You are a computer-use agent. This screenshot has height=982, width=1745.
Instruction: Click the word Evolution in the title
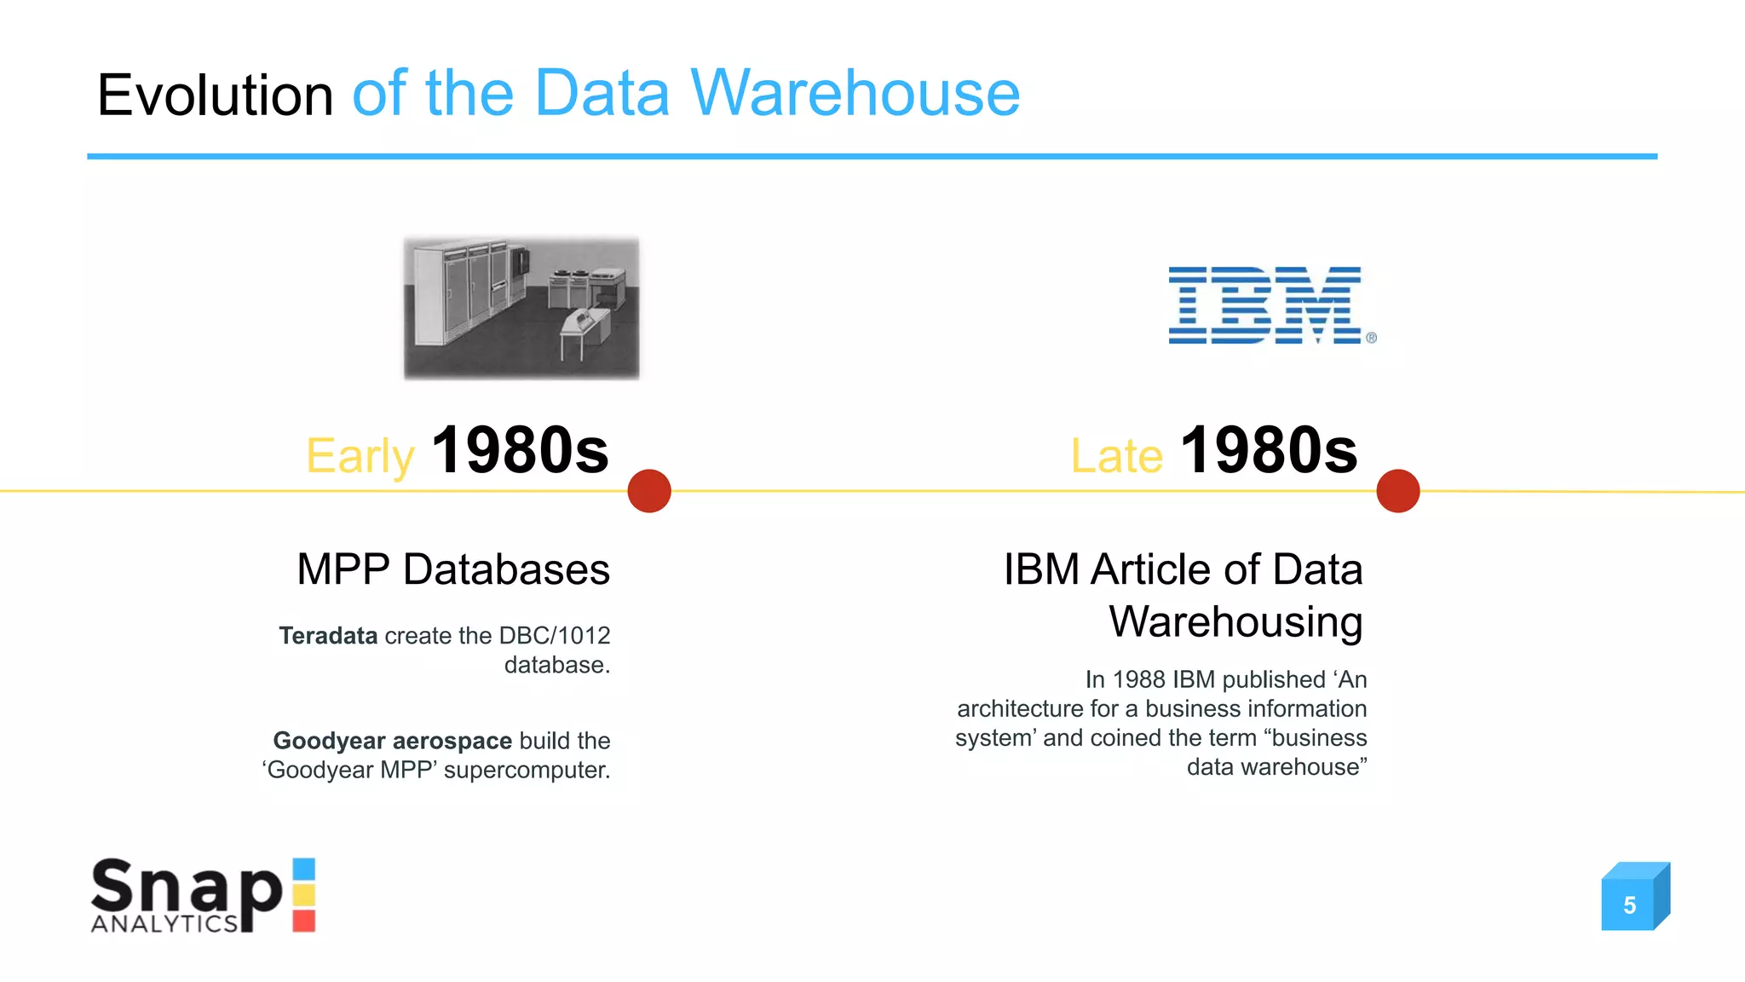pyautogui.click(x=215, y=95)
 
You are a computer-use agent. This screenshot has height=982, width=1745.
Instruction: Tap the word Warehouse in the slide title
pyautogui.click(x=855, y=93)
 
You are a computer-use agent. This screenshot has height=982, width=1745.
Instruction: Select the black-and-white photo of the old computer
pyautogui.click(x=521, y=308)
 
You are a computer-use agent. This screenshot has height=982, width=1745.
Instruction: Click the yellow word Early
pyautogui.click(x=360, y=457)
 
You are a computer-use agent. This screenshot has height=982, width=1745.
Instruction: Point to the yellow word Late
pyautogui.click(x=1116, y=455)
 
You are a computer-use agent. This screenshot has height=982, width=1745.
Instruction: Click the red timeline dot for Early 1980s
pyautogui.click(x=649, y=491)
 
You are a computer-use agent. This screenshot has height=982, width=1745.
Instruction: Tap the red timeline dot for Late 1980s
pyautogui.click(x=1397, y=491)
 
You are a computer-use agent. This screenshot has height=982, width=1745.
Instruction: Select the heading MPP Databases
pyautogui.click(x=453, y=569)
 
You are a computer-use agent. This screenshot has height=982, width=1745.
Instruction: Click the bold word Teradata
pyautogui.click(x=328, y=636)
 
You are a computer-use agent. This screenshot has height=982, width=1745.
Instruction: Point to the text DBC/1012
pyautogui.click(x=555, y=636)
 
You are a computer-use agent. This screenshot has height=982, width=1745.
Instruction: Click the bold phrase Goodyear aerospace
pyautogui.click(x=392, y=741)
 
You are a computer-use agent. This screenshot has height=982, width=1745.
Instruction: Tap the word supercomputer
pyautogui.click(x=526, y=771)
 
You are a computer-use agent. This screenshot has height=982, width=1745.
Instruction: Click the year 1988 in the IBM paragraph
pyautogui.click(x=1138, y=680)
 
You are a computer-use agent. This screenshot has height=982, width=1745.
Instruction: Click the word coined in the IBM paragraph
pyautogui.click(x=1125, y=738)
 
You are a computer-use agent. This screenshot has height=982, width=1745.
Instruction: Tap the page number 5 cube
pyautogui.click(x=1630, y=904)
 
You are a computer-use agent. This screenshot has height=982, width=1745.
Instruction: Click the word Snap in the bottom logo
pyautogui.click(x=186, y=887)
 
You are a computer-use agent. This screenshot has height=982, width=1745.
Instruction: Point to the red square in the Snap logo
pyautogui.click(x=304, y=921)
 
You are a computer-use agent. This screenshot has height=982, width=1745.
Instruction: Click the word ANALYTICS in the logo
pyautogui.click(x=164, y=924)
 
